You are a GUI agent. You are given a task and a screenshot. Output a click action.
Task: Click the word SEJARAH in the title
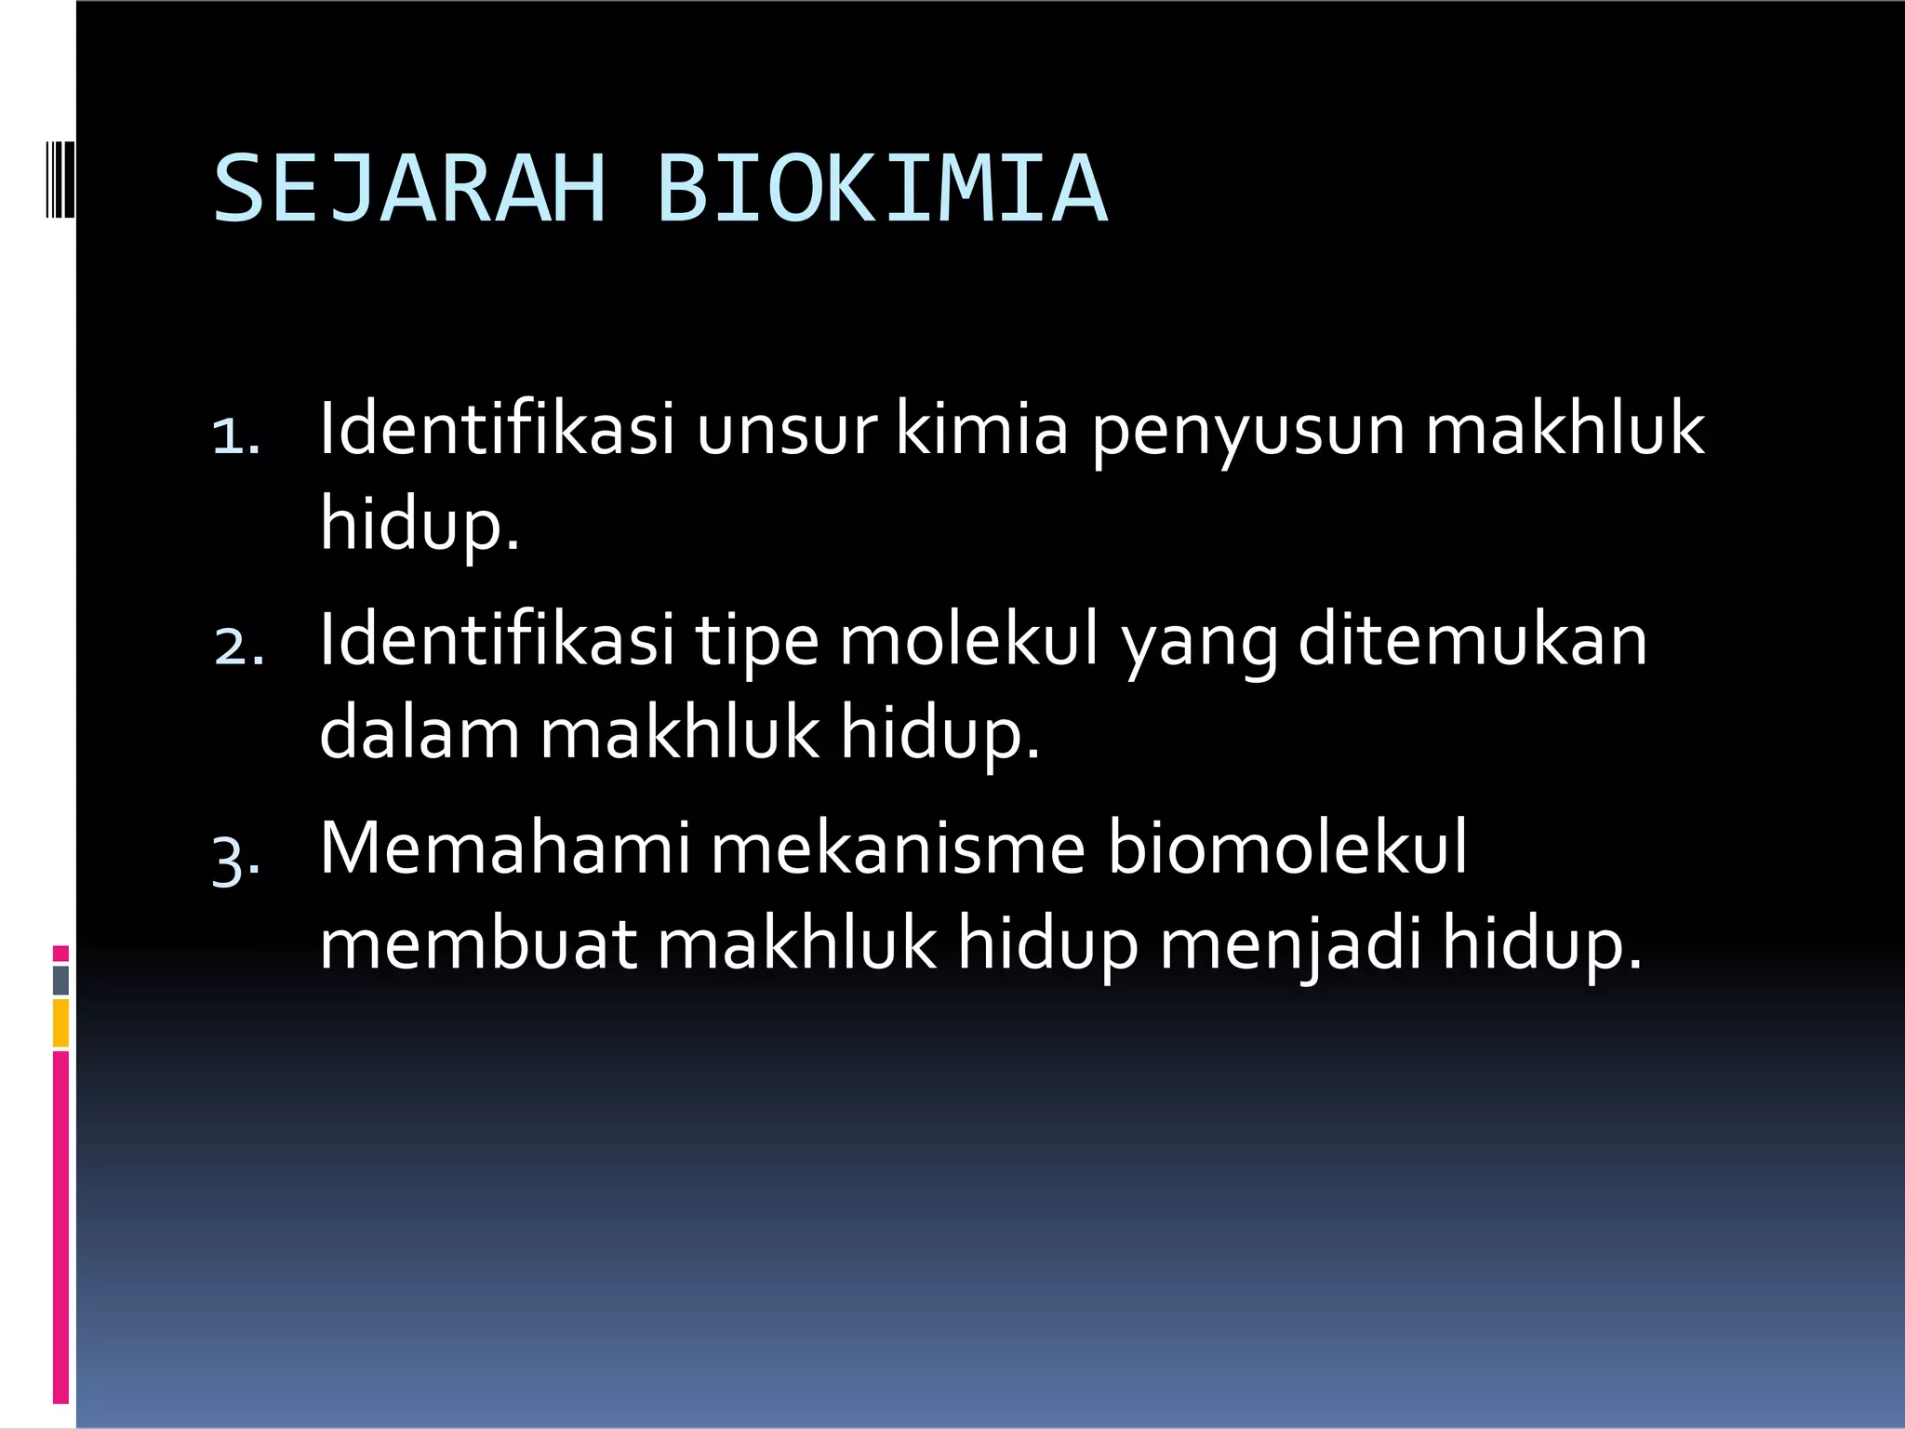pyautogui.click(x=410, y=190)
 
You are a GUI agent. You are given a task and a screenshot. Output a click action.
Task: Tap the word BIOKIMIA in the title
pyautogui.click(x=882, y=190)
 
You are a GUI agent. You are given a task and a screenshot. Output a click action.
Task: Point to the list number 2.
pyautogui.click(x=238, y=646)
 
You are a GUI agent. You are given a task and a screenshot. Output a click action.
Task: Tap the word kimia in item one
pyautogui.click(x=981, y=430)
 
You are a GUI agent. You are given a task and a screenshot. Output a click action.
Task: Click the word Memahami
pyautogui.click(x=505, y=848)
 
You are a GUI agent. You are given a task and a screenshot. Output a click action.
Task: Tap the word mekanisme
pyautogui.click(x=898, y=848)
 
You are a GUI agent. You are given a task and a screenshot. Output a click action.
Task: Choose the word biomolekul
pyautogui.click(x=1287, y=848)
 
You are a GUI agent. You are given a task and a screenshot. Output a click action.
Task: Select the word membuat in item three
pyautogui.click(x=478, y=943)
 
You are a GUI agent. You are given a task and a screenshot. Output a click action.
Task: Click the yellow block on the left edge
pyautogui.click(x=60, y=1023)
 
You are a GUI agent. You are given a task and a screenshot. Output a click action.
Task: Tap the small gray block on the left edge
pyautogui.click(x=60, y=980)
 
